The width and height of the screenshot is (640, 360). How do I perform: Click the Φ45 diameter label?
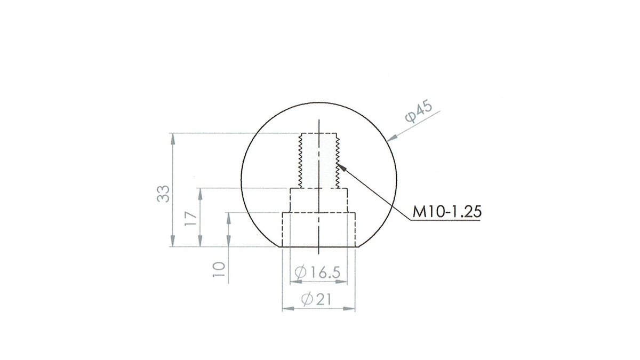(419, 111)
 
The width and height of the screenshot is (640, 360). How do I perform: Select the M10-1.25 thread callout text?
(447, 212)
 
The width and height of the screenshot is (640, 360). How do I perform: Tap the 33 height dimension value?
(163, 194)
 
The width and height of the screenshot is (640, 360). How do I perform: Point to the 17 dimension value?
(191, 219)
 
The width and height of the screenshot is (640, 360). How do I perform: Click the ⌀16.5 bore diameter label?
(317, 272)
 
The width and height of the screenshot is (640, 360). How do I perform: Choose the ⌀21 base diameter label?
(316, 299)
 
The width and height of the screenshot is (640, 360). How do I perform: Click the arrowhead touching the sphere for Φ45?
(391, 138)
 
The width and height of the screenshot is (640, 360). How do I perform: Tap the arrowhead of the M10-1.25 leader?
(341, 167)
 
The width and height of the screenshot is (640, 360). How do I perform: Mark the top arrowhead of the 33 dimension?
(173, 138)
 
